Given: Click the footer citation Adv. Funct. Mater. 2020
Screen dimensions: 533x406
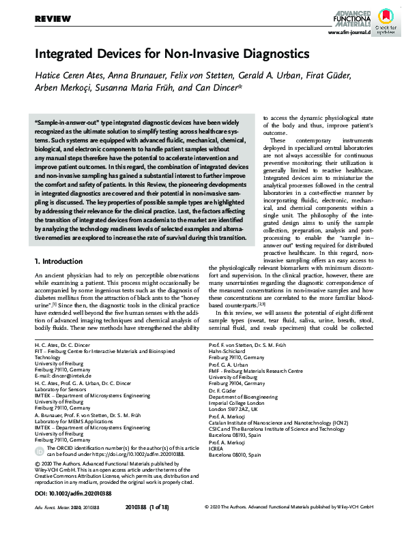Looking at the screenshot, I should click(61, 526).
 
